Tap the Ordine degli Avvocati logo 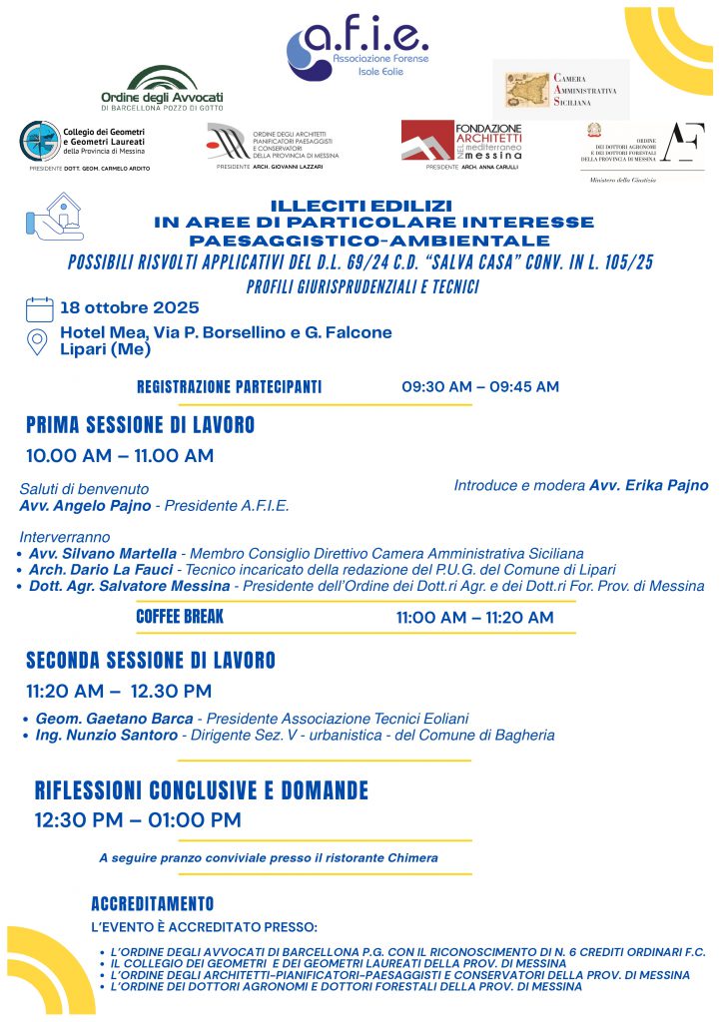[x=162, y=88]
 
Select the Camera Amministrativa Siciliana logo [x=561, y=89]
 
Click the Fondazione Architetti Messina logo [x=461, y=142]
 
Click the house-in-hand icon [x=54, y=217]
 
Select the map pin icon [x=38, y=341]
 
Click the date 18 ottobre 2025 [x=130, y=307]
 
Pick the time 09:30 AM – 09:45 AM [x=480, y=386]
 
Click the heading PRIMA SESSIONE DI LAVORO [x=140, y=426]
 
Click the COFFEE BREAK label [x=180, y=617]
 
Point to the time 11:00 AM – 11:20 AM [x=474, y=618]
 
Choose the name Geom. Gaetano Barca [x=115, y=719]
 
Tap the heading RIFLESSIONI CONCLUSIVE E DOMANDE [x=202, y=791]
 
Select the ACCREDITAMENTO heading [x=152, y=904]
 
